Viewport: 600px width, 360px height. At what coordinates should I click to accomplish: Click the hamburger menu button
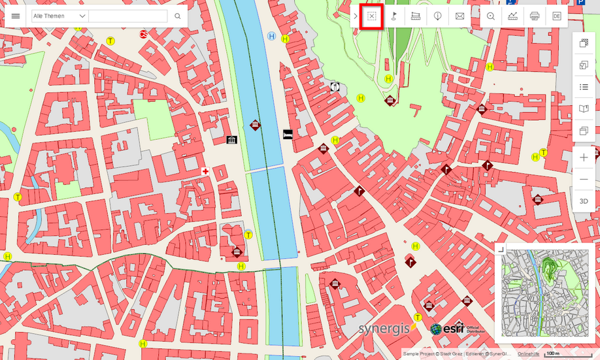[x=16, y=16]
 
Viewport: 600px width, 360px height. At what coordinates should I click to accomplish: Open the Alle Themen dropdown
[x=59, y=16]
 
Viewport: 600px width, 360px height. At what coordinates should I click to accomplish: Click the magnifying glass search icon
[x=177, y=16]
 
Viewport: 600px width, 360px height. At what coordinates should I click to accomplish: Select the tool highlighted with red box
[x=371, y=16]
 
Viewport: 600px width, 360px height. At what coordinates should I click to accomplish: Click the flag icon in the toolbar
[x=393, y=16]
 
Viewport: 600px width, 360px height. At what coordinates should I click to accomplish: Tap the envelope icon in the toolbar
[x=459, y=16]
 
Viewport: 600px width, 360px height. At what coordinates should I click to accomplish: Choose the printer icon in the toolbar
[x=534, y=16]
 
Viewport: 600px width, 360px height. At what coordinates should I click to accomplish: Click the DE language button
[x=556, y=16]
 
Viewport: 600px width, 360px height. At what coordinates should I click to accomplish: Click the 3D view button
[x=584, y=201]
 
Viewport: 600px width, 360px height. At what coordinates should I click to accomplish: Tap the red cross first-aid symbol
[x=205, y=171]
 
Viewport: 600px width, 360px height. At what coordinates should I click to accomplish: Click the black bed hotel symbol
[x=288, y=135]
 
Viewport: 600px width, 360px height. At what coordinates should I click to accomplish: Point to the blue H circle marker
[x=271, y=37]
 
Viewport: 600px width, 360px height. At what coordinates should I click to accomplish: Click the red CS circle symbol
[x=143, y=33]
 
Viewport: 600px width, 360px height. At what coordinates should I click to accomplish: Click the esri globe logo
[x=436, y=329]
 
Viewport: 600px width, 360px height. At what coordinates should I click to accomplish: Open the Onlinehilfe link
[x=529, y=353]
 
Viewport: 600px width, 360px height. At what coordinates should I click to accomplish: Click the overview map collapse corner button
[x=500, y=249]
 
